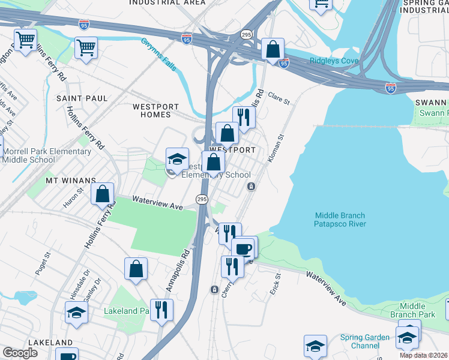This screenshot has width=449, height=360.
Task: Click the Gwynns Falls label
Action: [159, 55]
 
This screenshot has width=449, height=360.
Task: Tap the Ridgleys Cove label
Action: [334, 61]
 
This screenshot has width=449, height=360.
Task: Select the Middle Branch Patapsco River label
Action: [340, 220]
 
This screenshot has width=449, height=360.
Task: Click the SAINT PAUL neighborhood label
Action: [82, 98]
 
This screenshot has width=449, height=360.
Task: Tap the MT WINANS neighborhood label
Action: [71, 180]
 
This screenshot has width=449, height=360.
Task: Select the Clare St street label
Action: [279, 98]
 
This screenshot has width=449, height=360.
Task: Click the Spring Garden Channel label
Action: [364, 341]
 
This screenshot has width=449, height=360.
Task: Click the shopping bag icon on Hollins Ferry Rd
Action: [103, 193]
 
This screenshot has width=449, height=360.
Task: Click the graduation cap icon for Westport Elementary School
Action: [177, 158]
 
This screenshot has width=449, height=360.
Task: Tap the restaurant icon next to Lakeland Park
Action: [161, 310]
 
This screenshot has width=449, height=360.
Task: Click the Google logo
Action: [20, 353]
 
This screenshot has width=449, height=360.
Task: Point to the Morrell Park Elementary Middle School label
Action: [47, 155]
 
